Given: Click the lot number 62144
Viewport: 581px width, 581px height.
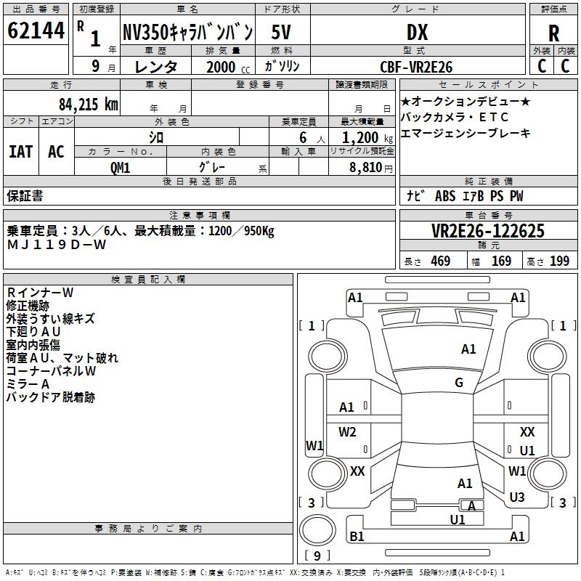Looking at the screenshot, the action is (36, 31).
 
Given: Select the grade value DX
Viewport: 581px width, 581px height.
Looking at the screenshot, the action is (417, 32).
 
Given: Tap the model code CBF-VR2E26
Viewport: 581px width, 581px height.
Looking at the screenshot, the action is (416, 67).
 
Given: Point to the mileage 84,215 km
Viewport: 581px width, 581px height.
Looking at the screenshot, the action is (89, 105).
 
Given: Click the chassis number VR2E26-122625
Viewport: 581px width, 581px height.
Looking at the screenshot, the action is (488, 230).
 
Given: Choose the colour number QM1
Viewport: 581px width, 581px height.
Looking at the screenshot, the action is (120, 168).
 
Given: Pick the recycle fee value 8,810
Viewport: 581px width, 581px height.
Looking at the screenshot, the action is (366, 168).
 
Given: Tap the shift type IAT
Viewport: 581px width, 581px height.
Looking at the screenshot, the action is (21, 152).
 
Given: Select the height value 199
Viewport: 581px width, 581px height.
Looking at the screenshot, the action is (559, 261).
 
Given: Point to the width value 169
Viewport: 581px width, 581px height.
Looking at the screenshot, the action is (501, 261).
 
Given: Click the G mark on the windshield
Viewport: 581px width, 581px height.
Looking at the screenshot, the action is (459, 383).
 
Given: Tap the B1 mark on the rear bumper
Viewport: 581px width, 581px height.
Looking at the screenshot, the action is (357, 536).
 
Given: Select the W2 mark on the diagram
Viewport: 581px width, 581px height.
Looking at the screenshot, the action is (347, 431).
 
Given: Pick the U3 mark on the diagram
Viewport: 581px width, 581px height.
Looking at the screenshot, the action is (517, 497).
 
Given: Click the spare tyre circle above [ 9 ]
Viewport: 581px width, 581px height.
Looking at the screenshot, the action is (317, 530).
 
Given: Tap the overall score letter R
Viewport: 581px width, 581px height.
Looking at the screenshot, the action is (553, 33).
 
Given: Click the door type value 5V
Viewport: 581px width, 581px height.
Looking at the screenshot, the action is (281, 32).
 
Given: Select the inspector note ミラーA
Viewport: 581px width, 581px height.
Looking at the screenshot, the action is (28, 384).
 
